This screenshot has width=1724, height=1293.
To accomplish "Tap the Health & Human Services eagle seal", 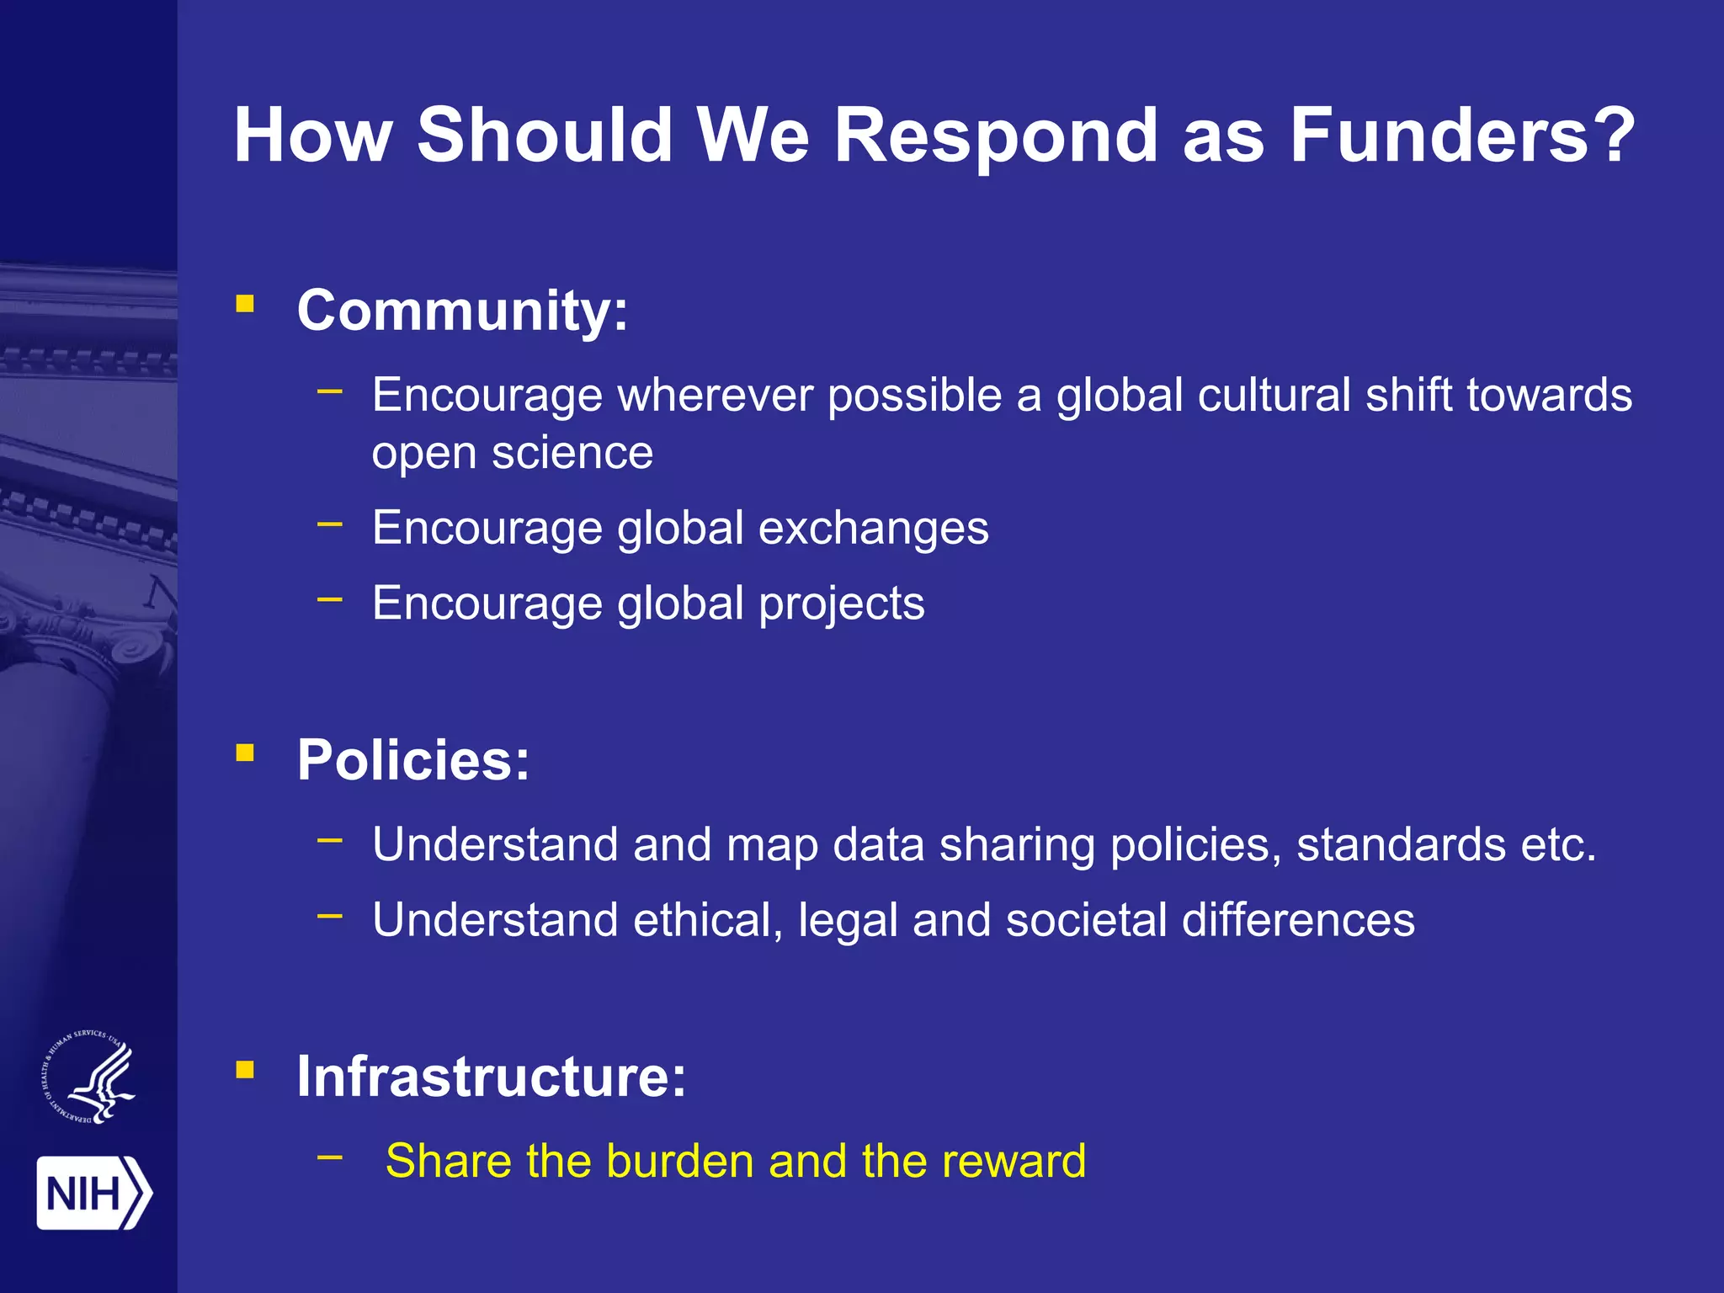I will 89,1077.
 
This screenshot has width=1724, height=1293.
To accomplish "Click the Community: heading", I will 462,311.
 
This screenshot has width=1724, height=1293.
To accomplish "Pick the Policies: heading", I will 413,760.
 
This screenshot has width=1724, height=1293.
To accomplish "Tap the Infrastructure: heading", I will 492,1077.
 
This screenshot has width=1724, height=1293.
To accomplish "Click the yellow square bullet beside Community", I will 245,304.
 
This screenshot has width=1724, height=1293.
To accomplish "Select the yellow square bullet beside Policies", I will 245,753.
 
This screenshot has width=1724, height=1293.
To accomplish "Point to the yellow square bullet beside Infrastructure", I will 245,1070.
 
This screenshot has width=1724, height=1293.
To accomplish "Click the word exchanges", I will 873,529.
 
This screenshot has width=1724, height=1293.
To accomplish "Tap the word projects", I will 841,604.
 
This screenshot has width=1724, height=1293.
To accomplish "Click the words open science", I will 512,454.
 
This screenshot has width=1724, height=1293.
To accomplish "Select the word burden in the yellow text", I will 679,1161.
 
